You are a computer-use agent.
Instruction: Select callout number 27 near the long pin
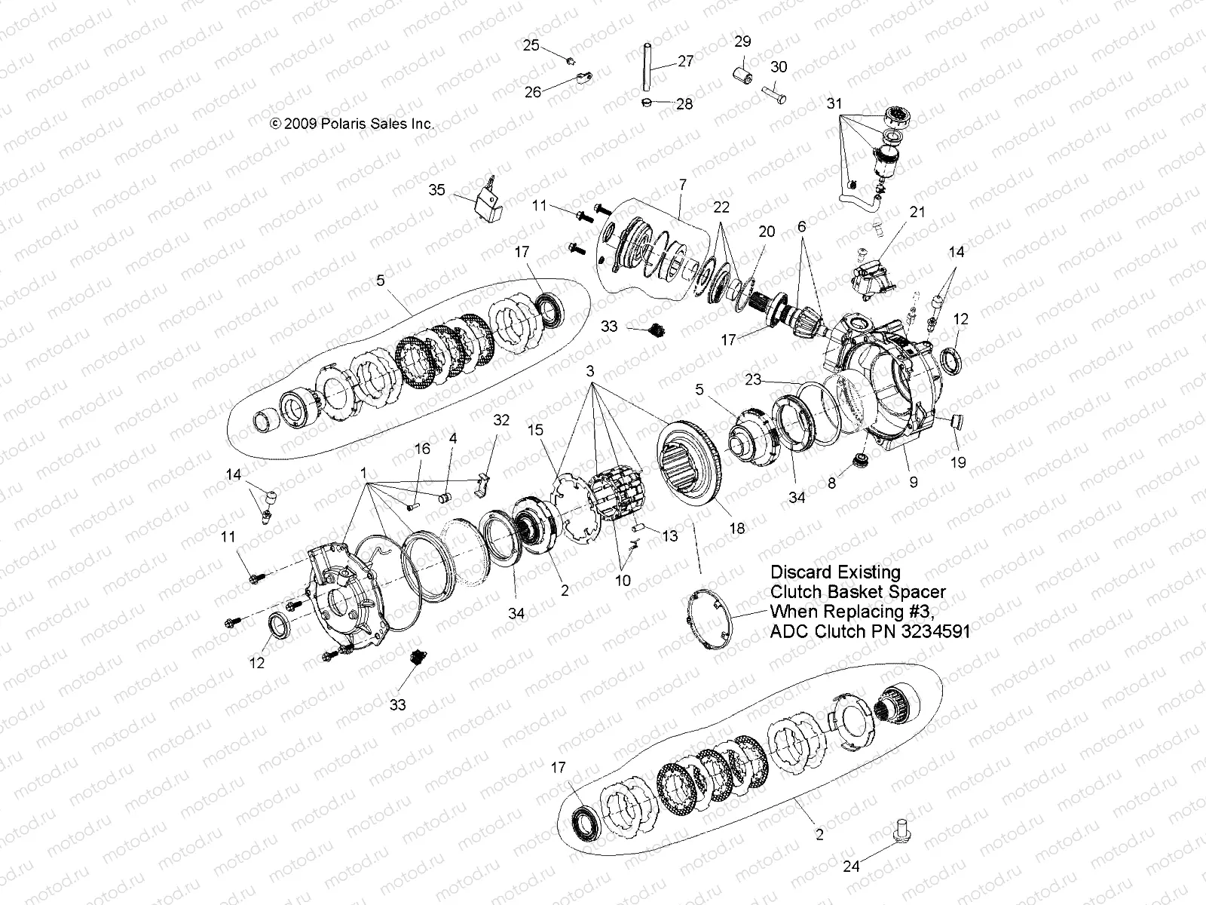685,61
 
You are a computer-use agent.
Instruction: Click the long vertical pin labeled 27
646,69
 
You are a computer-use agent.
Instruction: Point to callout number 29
743,41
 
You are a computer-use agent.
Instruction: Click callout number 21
917,213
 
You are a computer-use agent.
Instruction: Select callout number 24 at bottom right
851,867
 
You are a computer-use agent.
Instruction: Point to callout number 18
737,528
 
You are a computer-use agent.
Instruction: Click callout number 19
957,463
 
